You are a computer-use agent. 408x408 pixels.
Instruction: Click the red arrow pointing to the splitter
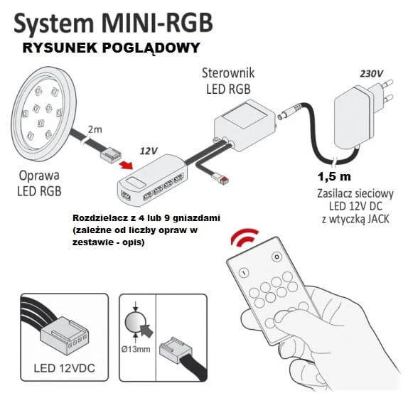click(126, 165)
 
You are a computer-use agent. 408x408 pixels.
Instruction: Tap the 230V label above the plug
click(371, 74)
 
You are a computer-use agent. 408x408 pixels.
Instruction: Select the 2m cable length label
click(95, 129)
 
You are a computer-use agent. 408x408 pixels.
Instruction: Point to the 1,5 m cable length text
click(334, 177)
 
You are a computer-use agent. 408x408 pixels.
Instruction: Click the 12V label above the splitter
click(149, 151)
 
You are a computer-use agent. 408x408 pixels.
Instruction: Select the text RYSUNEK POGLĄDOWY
click(112, 48)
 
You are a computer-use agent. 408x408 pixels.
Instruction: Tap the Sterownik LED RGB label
click(228, 81)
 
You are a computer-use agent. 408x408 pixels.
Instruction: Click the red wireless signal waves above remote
click(245, 237)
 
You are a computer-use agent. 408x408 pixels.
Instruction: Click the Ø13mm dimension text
click(136, 349)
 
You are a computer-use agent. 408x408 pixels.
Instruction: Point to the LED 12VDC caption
click(64, 368)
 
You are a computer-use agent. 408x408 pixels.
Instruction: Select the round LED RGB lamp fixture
click(44, 114)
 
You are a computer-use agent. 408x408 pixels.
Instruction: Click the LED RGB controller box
click(245, 125)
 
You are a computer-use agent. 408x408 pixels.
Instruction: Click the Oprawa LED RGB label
click(39, 183)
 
